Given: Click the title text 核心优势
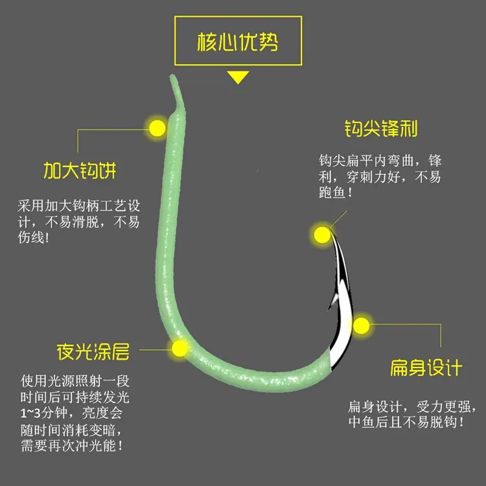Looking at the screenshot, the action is pyautogui.click(x=238, y=41).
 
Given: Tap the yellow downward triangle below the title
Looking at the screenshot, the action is pyautogui.click(x=238, y=77).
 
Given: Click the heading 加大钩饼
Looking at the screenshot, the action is pyautogui.click(x=80, y=170).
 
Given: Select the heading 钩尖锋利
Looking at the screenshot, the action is pyautogui.click(x=381, y=128).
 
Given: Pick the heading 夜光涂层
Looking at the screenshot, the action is pyautogui.click(x=93, y=351).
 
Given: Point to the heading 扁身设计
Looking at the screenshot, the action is pyautogui.click(x=426, y=367).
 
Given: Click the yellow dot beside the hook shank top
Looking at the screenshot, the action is pyautogui.click(x=157, y=128).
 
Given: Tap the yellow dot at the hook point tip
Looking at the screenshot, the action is pyautogui.click(x=322, y=235).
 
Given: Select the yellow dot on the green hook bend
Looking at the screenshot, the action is pyautogui.click(x=179, y=349).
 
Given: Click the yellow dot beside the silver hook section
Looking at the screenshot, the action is pyautogui.click(x=361, y=325).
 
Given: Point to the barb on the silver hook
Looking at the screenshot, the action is pyautogui.click(x=332, y=301).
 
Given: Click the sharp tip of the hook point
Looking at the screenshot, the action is pyautogui.click(x=330, y=230).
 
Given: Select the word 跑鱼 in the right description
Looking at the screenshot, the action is pyautogui.click(x=332, y=192).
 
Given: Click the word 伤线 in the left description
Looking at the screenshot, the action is pyautogui.click(x=30, y=238).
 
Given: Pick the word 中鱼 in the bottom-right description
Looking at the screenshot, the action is pyautogui.click(x=362, y=422).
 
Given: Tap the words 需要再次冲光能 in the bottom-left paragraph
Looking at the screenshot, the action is pyautogui.click(x=69, y=446).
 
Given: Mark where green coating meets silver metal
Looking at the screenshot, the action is pyautogui.click(x=330, y=360).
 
